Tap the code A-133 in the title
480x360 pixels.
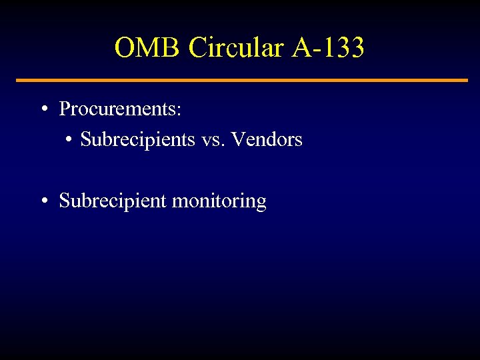[328, 48]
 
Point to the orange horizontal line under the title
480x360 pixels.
[241, 81]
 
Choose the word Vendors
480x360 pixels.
[267, 140]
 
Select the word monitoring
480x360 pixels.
[219, 201]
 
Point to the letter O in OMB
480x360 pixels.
[125, 48]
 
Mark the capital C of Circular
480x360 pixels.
[197, 48]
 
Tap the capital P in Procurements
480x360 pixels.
[65, 109]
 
